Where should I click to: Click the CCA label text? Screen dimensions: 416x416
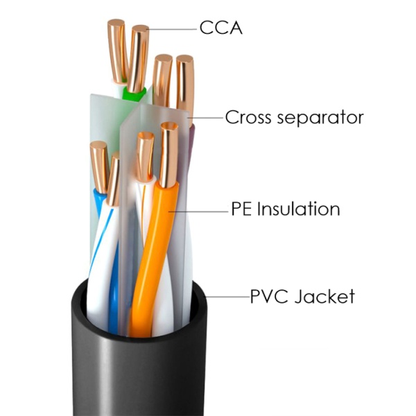point(220,27)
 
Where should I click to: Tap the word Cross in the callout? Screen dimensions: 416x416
point(248,117)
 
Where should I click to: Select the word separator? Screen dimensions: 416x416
point(320,119)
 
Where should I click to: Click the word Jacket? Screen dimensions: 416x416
point(324,296)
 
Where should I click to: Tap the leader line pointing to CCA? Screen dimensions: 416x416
point(173,29)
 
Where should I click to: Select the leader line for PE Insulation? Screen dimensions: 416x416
point(198,211)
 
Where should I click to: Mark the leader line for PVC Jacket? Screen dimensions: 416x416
point(227,297)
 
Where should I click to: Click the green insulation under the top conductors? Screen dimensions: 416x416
point(134,94)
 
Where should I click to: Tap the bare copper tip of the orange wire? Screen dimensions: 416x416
point(168,155)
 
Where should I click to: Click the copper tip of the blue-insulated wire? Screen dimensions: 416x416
point(98,167)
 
